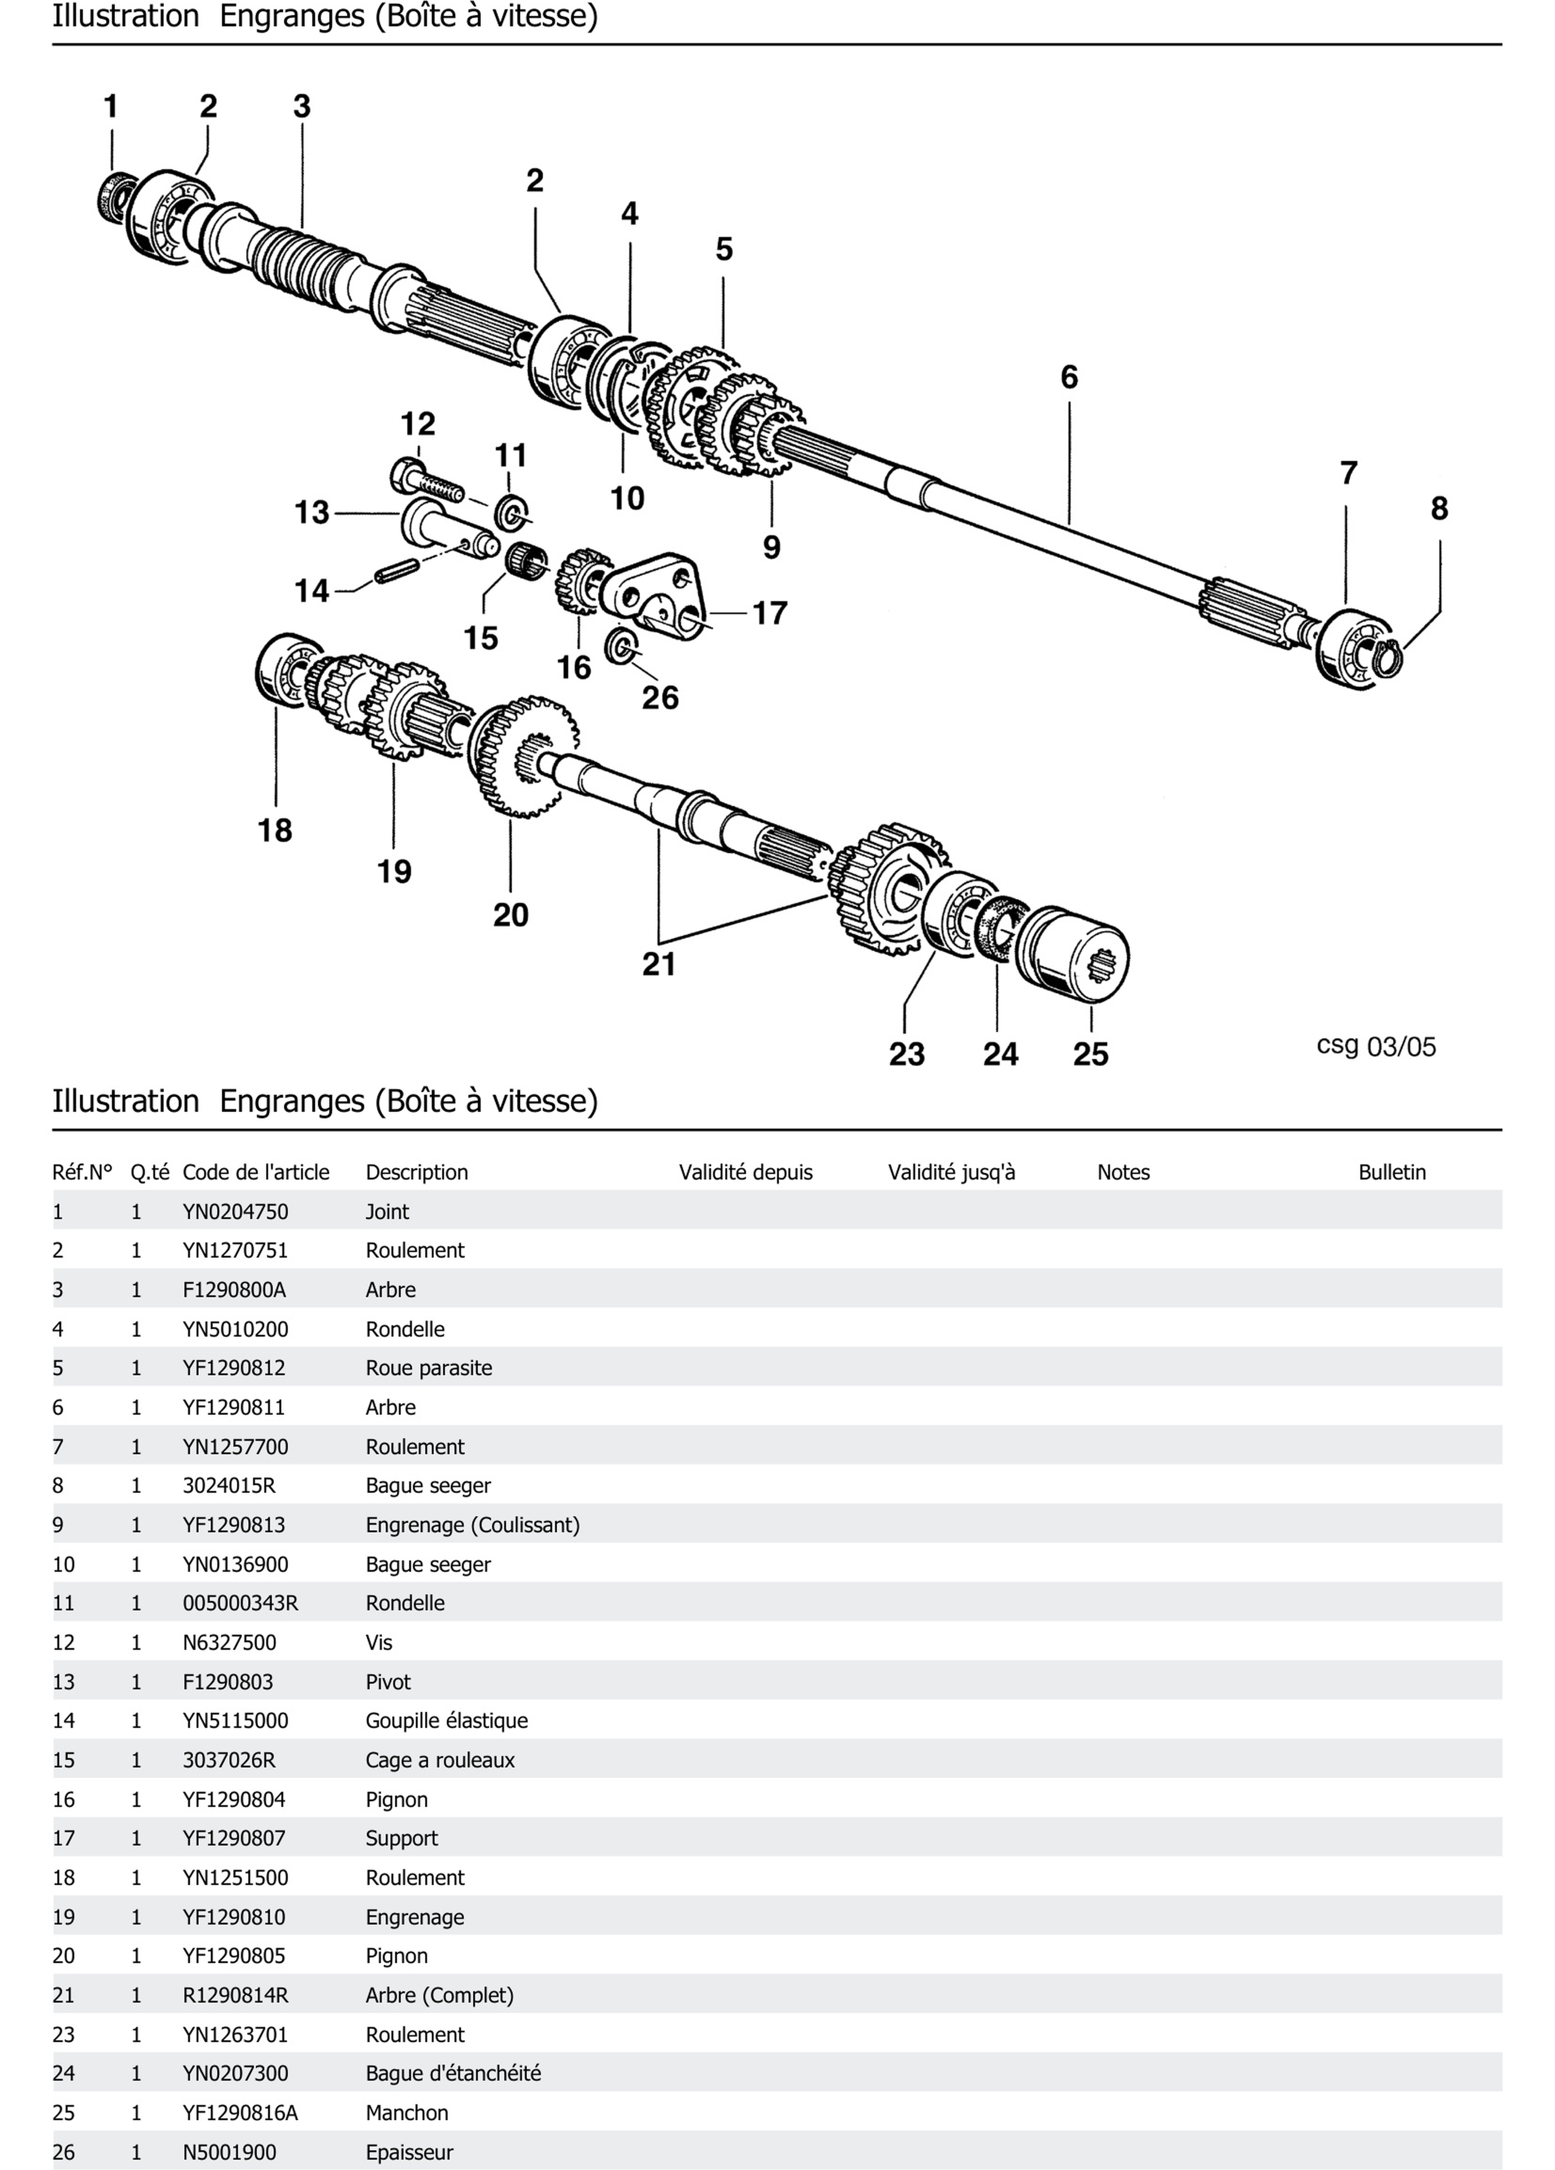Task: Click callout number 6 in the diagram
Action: (x=1069, y=377)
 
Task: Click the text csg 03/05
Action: (x=1376, y=1046)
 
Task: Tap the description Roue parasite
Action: (x=428, y=1368)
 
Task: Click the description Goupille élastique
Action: (x=446, y=1720)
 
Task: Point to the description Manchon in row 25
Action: (x=407, y=2113)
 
